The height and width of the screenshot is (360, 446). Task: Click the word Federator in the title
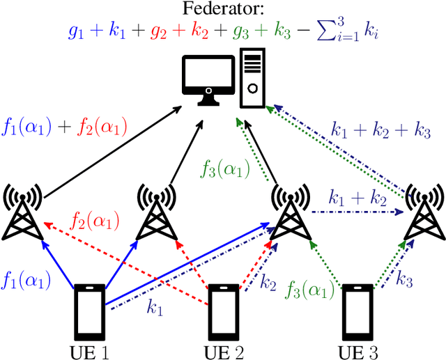pyautogui.click(x=222, y=9)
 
